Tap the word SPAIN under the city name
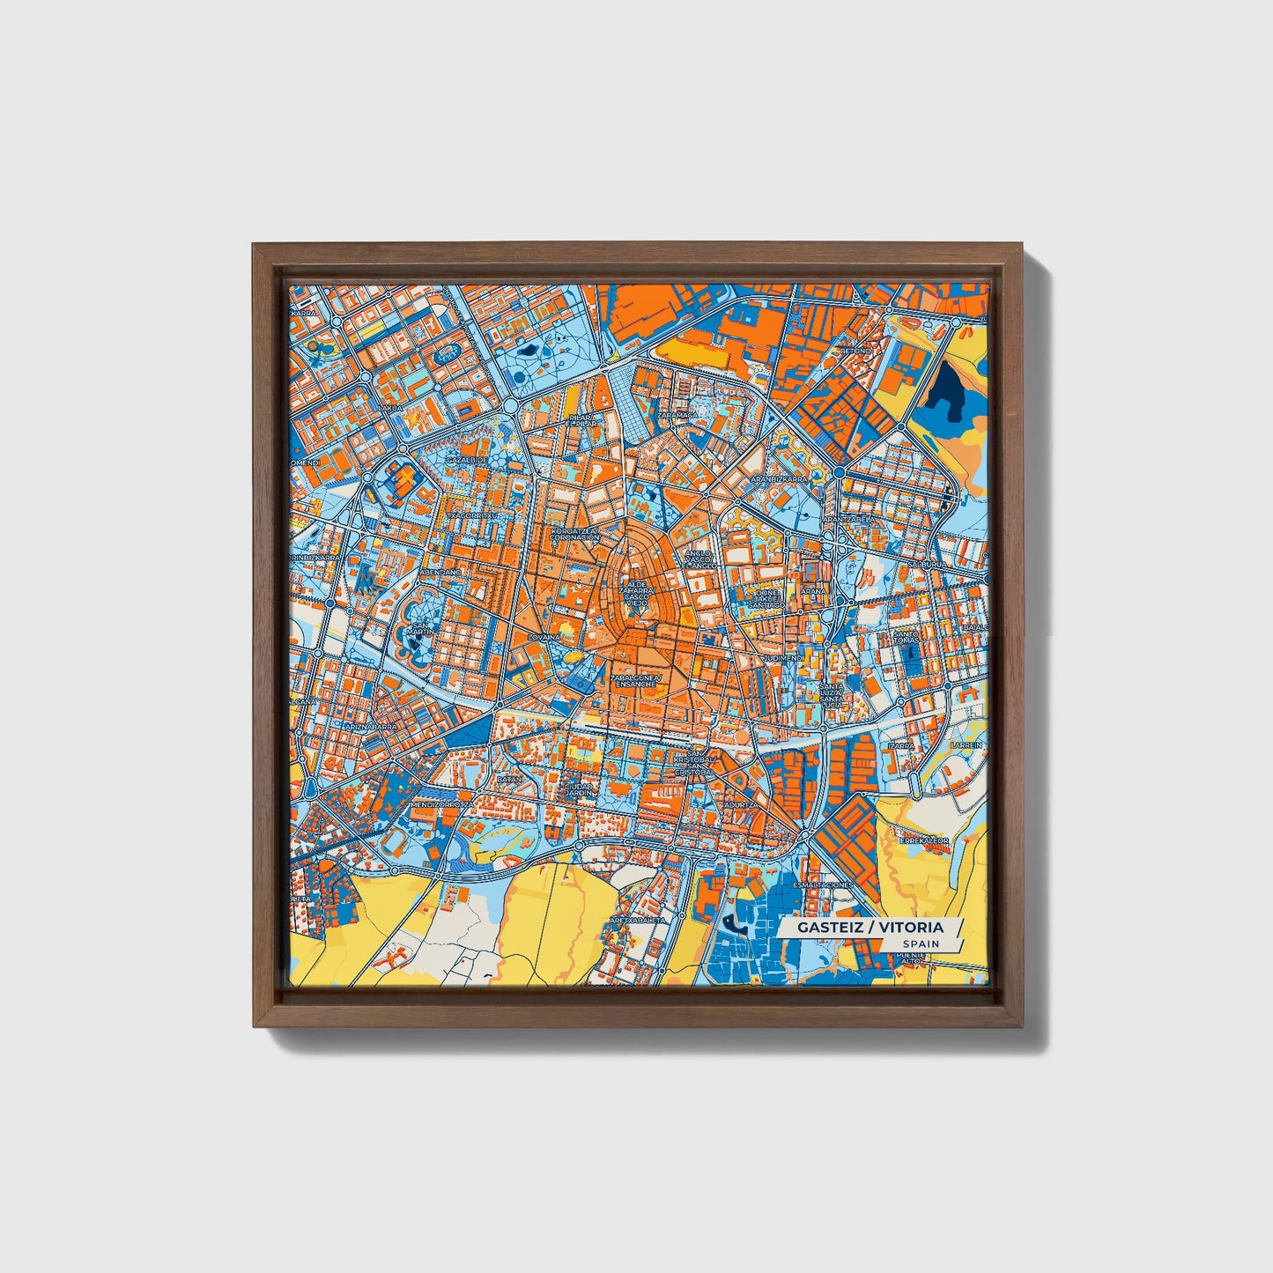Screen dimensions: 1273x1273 click(x=921, y=944)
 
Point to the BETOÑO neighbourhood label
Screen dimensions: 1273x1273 click(x=855, y=351)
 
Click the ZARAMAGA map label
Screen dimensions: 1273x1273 click(x=677, y=413)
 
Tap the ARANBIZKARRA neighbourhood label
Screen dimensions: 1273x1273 click(x=778, y=478)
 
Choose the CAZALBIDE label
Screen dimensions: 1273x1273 click(x=466, y=459)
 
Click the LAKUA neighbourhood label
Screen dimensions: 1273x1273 click(x=389, y=408)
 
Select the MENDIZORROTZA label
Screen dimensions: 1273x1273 click(x=441, y=804)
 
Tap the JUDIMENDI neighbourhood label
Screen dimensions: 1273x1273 click(x=783, y=657)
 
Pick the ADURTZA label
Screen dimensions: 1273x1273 click(x=738, y=804)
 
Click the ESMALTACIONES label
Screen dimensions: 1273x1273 click(x=823, y=884)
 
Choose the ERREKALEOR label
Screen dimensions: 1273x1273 click(x=923, y=840)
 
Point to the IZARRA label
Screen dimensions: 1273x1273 click(x=901, y=744)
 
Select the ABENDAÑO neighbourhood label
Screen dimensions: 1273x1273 click(x=440, y=572)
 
